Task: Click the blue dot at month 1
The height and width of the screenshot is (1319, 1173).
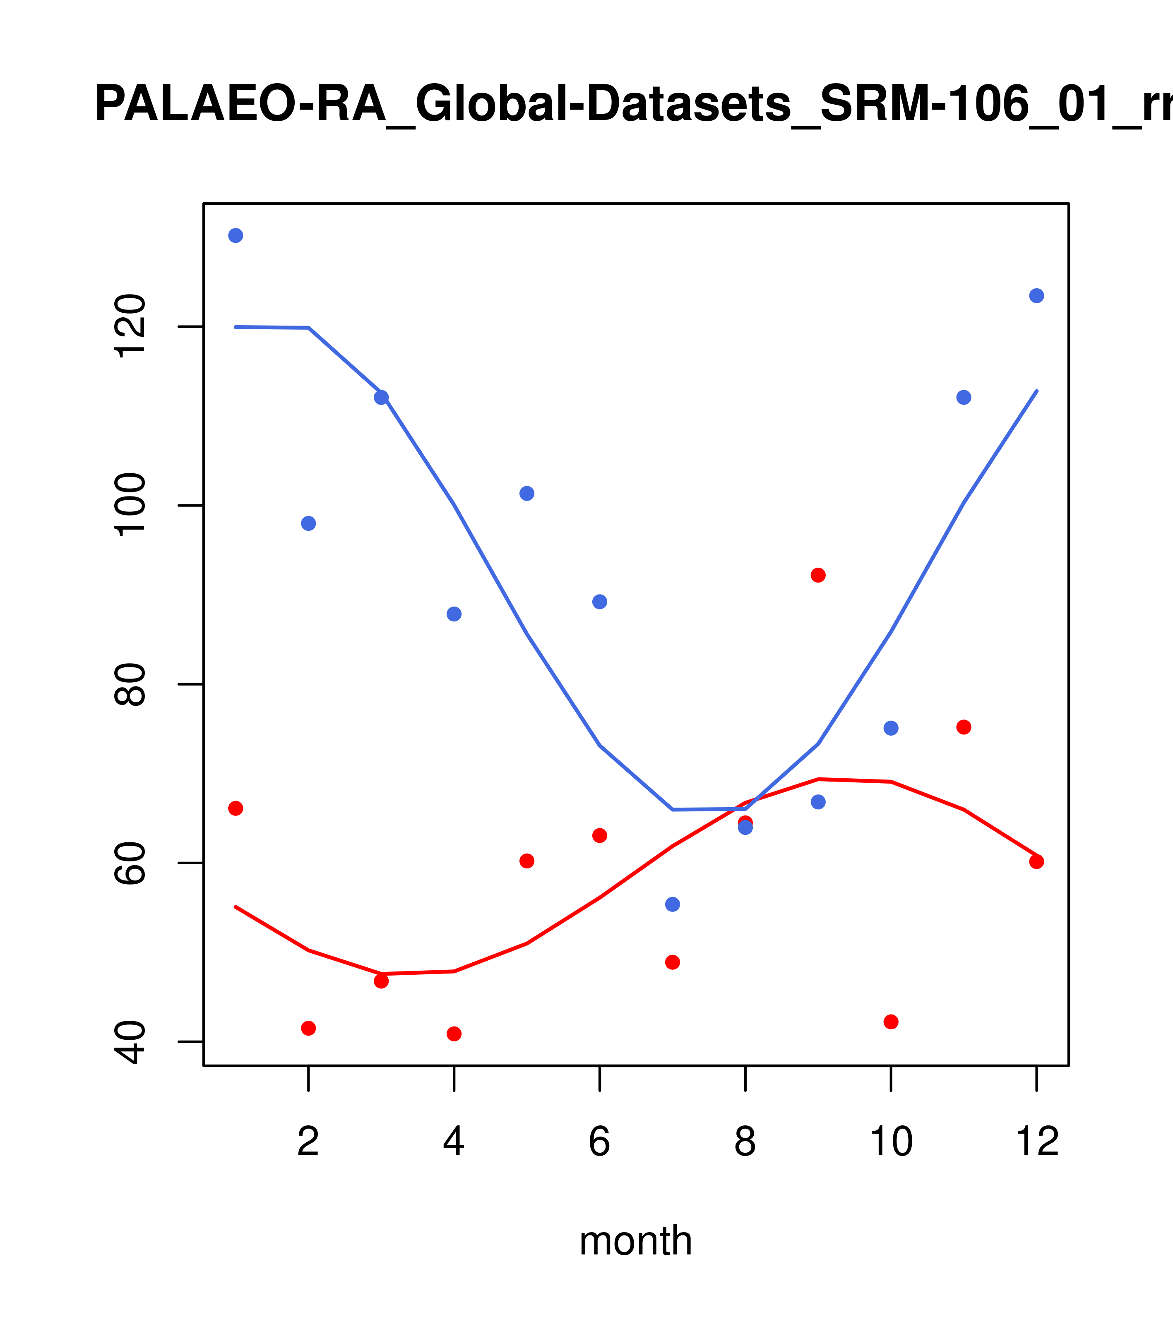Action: [x=236, y=235]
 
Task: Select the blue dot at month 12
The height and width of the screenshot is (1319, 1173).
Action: [x=1036, y=295]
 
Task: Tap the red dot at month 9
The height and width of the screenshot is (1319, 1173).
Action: [x=818, y=575]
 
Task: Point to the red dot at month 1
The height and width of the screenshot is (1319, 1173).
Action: [x=236, y=808]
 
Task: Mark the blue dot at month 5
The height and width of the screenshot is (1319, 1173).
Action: [x=527, y=493]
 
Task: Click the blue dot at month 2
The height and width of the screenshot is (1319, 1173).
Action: [x=309, y=523]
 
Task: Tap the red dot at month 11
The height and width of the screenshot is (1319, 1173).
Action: [x=963, y=727]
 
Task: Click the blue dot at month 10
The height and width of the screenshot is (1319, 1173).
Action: [x=891, y=728]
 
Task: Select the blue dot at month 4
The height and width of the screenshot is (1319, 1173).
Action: [x=454, y=614]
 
